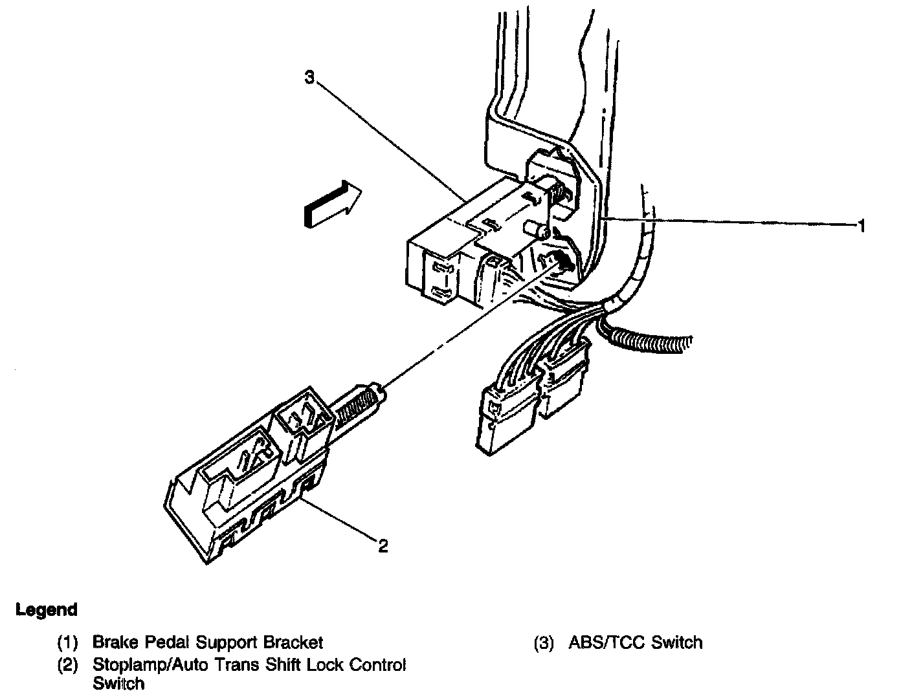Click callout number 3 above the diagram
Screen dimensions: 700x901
(x=309, y=78)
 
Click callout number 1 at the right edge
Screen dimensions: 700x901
(x=862, y=225)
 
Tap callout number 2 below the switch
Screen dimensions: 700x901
(x=383, y=547)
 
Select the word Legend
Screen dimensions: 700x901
(x=47, y=609)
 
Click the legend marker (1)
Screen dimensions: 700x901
(x=67, y=643)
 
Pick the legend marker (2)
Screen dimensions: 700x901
(x=67, y=664)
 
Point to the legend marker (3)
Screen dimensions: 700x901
(x=544, y=643)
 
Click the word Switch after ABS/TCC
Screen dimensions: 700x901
(x=677, y=642)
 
